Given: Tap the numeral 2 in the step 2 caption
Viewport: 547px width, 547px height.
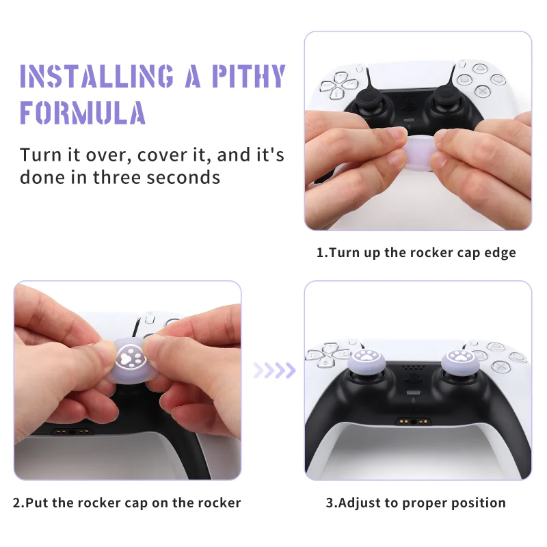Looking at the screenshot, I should tap(17, 503).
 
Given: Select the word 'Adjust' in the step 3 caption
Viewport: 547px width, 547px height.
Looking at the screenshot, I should tap(362, 503).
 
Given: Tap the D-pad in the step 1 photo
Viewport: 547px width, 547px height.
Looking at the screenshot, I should tap(334, 88).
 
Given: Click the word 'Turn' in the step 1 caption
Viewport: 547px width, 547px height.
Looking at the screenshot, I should tap(343, 252).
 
